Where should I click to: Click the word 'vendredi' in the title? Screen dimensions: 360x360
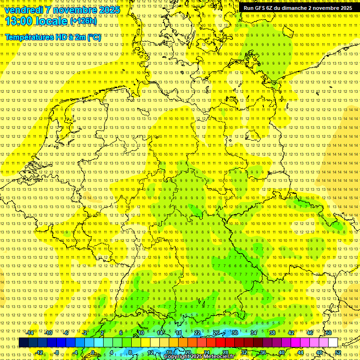24,10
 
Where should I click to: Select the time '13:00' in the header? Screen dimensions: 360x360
18,21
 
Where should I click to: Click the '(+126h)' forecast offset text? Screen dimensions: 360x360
83,21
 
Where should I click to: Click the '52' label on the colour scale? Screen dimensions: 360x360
338,352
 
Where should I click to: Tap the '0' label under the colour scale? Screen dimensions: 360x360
93,352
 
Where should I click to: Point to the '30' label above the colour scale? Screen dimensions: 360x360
234,333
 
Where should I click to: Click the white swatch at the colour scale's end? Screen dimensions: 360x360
333,343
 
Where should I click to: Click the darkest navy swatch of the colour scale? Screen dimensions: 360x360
23,343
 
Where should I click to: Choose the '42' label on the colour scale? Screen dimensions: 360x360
291,333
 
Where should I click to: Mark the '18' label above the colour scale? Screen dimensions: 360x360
178,333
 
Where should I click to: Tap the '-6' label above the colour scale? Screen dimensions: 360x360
66,333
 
